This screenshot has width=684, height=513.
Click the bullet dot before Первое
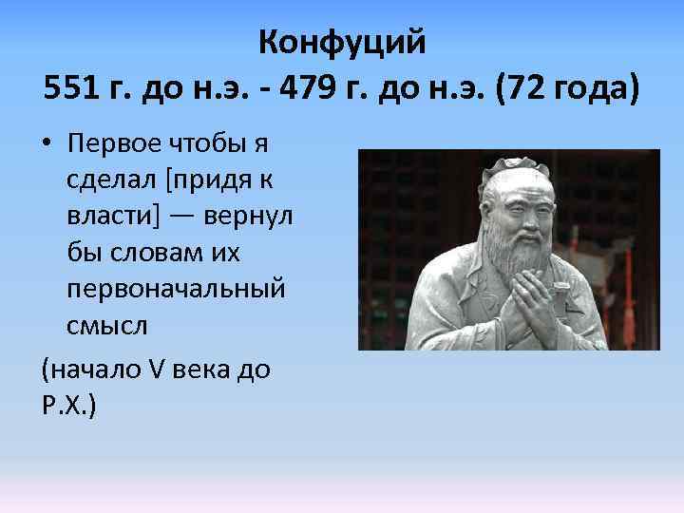pos(47,143)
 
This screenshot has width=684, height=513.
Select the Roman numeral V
pos(156,368)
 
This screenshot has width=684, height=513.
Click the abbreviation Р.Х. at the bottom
pos(66,404)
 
